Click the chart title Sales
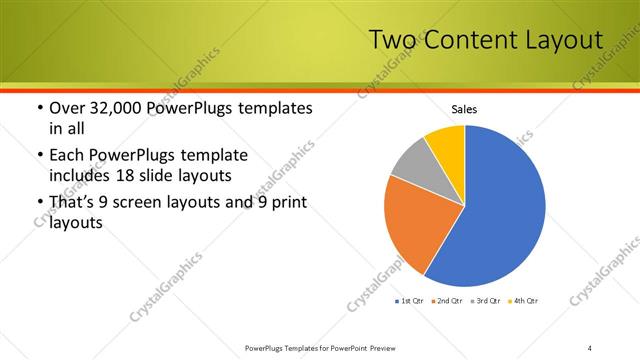(465, 108)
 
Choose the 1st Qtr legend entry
(411, 301)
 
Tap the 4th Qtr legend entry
(523, 301)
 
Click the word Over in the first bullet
(67, 108)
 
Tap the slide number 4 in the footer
(590, 347)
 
